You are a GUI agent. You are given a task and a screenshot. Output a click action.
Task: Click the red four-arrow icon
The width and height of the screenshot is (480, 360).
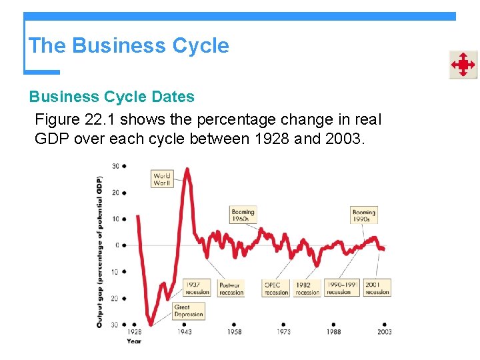coord(463,65)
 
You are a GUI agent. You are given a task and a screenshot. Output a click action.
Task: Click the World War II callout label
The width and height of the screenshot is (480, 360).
coord(162,179)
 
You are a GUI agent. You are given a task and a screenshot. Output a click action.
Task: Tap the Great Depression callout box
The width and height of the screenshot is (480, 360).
coord(188,311)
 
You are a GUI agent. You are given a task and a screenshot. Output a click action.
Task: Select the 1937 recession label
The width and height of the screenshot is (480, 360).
coord(197,288)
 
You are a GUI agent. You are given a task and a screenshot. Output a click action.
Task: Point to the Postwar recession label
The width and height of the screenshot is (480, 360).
coord(231,288)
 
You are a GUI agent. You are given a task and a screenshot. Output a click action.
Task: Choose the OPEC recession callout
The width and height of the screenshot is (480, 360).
coord(276,288)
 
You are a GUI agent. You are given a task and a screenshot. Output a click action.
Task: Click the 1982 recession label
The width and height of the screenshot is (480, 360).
coord(307,288)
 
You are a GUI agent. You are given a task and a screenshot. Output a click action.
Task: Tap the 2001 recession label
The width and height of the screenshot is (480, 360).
coord(377,288)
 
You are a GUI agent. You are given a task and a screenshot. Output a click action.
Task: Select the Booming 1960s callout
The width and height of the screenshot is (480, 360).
coord(243,215)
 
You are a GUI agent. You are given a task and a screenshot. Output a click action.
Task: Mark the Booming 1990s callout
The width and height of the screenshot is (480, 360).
coord(363,215)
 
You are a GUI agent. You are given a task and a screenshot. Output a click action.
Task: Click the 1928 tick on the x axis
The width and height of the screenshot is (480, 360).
coord(135,331)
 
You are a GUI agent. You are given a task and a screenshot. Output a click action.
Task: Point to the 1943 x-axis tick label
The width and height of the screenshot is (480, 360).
coord(185,331)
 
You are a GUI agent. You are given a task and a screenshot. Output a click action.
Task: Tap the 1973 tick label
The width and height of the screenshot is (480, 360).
coord(285,331)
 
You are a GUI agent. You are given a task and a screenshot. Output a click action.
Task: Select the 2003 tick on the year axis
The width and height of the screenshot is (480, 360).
coord(385,331)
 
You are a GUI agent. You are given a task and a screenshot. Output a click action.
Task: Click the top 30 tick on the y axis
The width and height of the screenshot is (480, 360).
coord(115,166)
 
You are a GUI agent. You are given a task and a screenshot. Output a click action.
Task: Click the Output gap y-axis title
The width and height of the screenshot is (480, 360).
coord(99,251)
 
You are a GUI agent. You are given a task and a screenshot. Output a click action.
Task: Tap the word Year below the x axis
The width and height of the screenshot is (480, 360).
coord(134,341)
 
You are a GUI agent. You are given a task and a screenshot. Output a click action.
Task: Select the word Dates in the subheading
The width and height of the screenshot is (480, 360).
coord(172,97)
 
